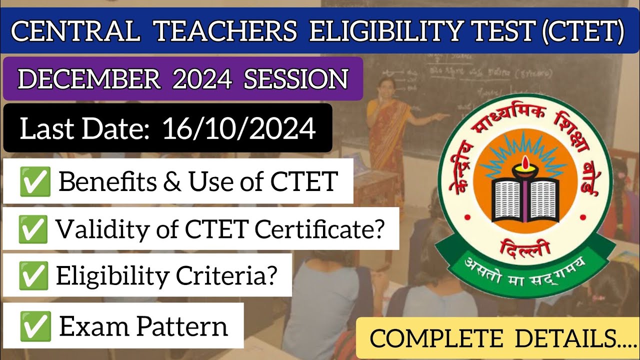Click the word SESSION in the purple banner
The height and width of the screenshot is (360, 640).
coord(295,78)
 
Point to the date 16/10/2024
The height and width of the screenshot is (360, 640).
coord(239,129)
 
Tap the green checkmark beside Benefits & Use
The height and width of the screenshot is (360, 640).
coord(35,181)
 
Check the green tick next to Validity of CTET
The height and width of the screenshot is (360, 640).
coord(33,229)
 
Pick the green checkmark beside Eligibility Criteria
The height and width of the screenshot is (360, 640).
coord(33,275)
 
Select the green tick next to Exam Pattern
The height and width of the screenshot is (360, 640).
coord(35,325)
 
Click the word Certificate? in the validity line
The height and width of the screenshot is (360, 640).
coord(320,229)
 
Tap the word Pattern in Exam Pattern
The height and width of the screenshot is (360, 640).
coord(182,326)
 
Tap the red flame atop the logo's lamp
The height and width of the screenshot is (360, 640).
coord(524,162)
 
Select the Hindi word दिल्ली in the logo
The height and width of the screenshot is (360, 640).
coord(524,246)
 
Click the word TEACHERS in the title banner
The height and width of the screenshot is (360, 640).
coord(225,31)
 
